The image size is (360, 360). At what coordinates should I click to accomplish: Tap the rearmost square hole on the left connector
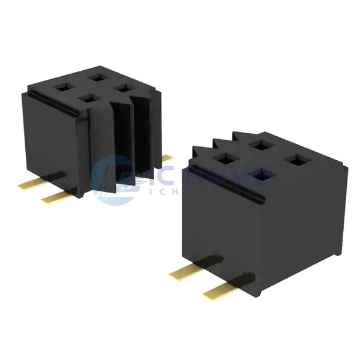96,77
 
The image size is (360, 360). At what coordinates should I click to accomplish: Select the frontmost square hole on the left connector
89,98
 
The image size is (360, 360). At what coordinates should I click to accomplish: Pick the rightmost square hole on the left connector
124,88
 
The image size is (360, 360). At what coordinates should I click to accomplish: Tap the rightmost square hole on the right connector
296,160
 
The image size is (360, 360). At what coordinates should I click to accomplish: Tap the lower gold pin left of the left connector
55,196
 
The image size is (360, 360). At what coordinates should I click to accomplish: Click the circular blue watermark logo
118,180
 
